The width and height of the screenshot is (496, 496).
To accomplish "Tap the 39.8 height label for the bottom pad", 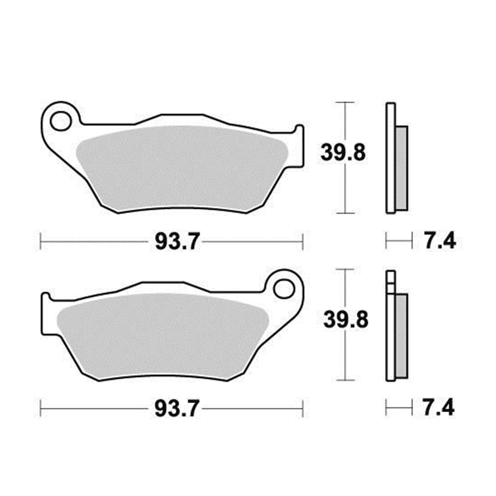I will tap(345, 320).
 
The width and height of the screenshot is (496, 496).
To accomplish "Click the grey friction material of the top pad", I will tap(181, 166).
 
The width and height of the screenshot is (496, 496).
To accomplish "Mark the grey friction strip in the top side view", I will tap(402, 167).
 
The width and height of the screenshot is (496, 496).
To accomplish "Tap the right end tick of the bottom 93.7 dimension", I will tap(303, 409).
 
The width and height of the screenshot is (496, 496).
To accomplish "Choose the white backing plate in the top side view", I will tap(391, 159).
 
